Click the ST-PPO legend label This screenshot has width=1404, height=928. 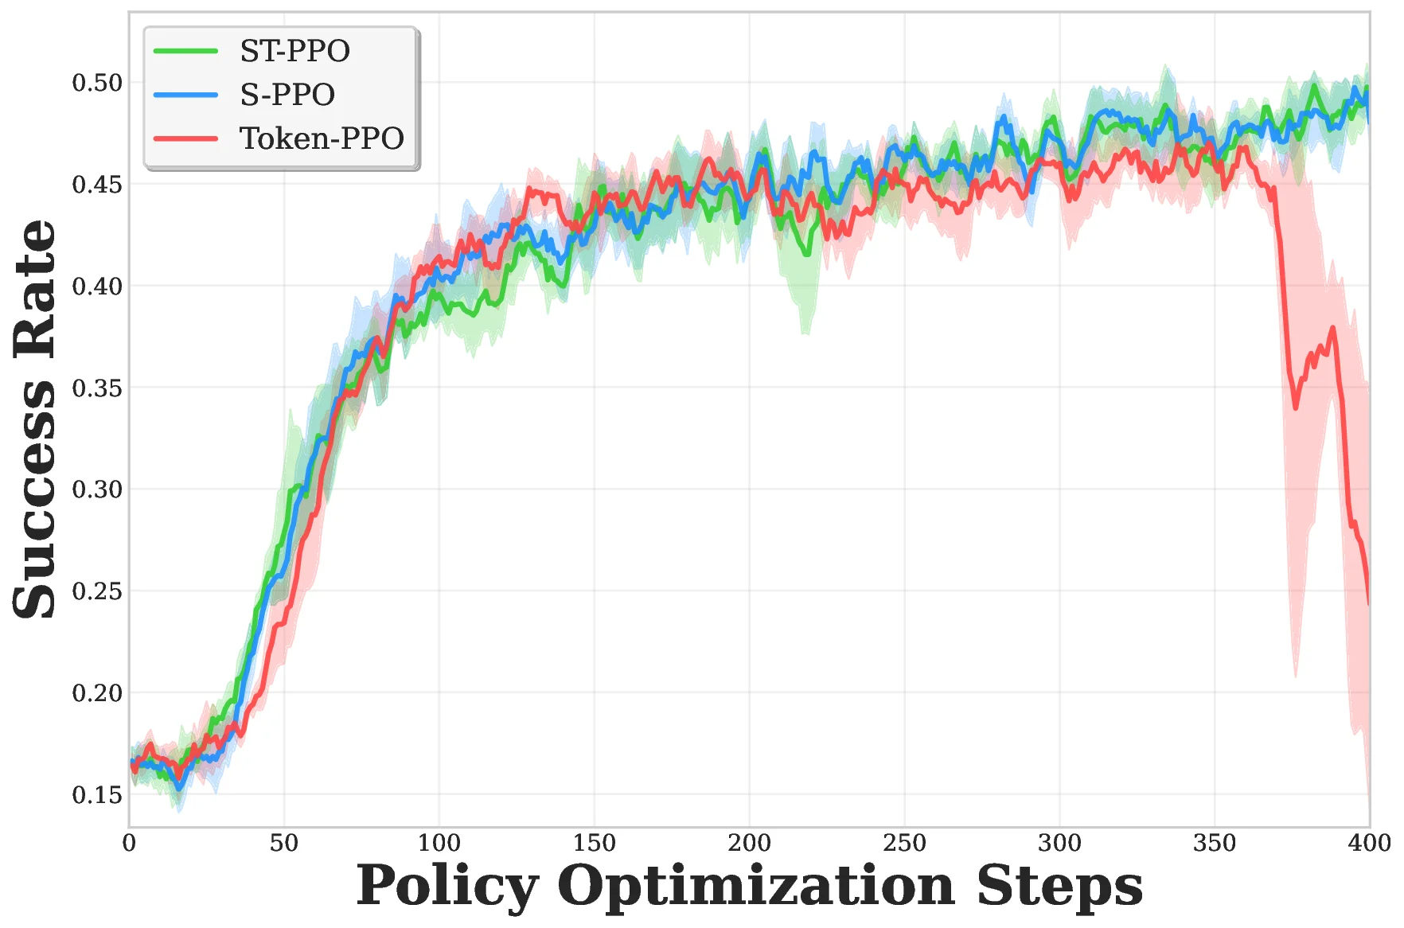tap(294, 51)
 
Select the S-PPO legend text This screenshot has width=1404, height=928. tap(287, 95)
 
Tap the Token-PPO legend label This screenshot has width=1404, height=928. tap(322, 138)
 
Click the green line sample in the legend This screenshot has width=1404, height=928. tap(185, 51)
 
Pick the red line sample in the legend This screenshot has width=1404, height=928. tap(185, 138)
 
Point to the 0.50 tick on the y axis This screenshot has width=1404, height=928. tap(97, 83)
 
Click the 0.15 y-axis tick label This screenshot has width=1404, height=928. tap(97, 794)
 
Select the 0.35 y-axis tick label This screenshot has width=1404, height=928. tap(97, 388)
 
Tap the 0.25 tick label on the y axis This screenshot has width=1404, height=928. tap(97, 591)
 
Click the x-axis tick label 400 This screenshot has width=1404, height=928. tap(1369, 843)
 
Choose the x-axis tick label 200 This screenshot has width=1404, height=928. tap(749, 843)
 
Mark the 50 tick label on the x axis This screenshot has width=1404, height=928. tap(284, 843)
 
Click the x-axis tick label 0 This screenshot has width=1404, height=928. tap(130, 843)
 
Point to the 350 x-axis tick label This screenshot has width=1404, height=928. tap(1215, 843)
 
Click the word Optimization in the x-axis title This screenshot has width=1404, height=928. tap(756, 886)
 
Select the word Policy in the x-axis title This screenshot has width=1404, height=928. tap(447, 886)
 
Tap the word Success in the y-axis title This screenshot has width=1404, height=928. tap(35, 500)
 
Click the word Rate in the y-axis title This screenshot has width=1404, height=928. tap(35, 288)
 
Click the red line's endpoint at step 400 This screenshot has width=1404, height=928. tap(1369, 603)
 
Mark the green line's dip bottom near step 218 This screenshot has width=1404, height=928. tap(807, 254)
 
